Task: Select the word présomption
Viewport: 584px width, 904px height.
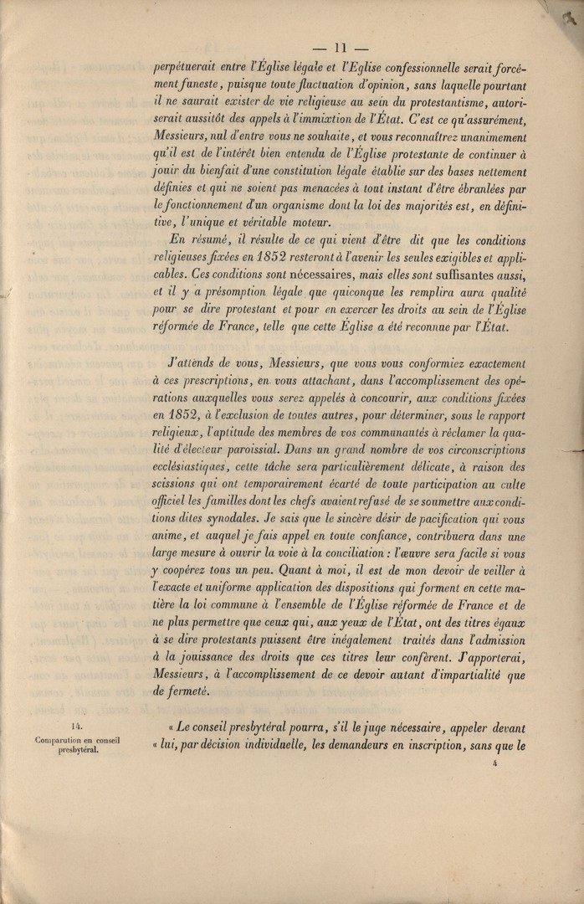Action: coord(247,291)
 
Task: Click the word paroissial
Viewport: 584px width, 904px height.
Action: coord(258,451)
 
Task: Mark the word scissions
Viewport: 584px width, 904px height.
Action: coord(180,486)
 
